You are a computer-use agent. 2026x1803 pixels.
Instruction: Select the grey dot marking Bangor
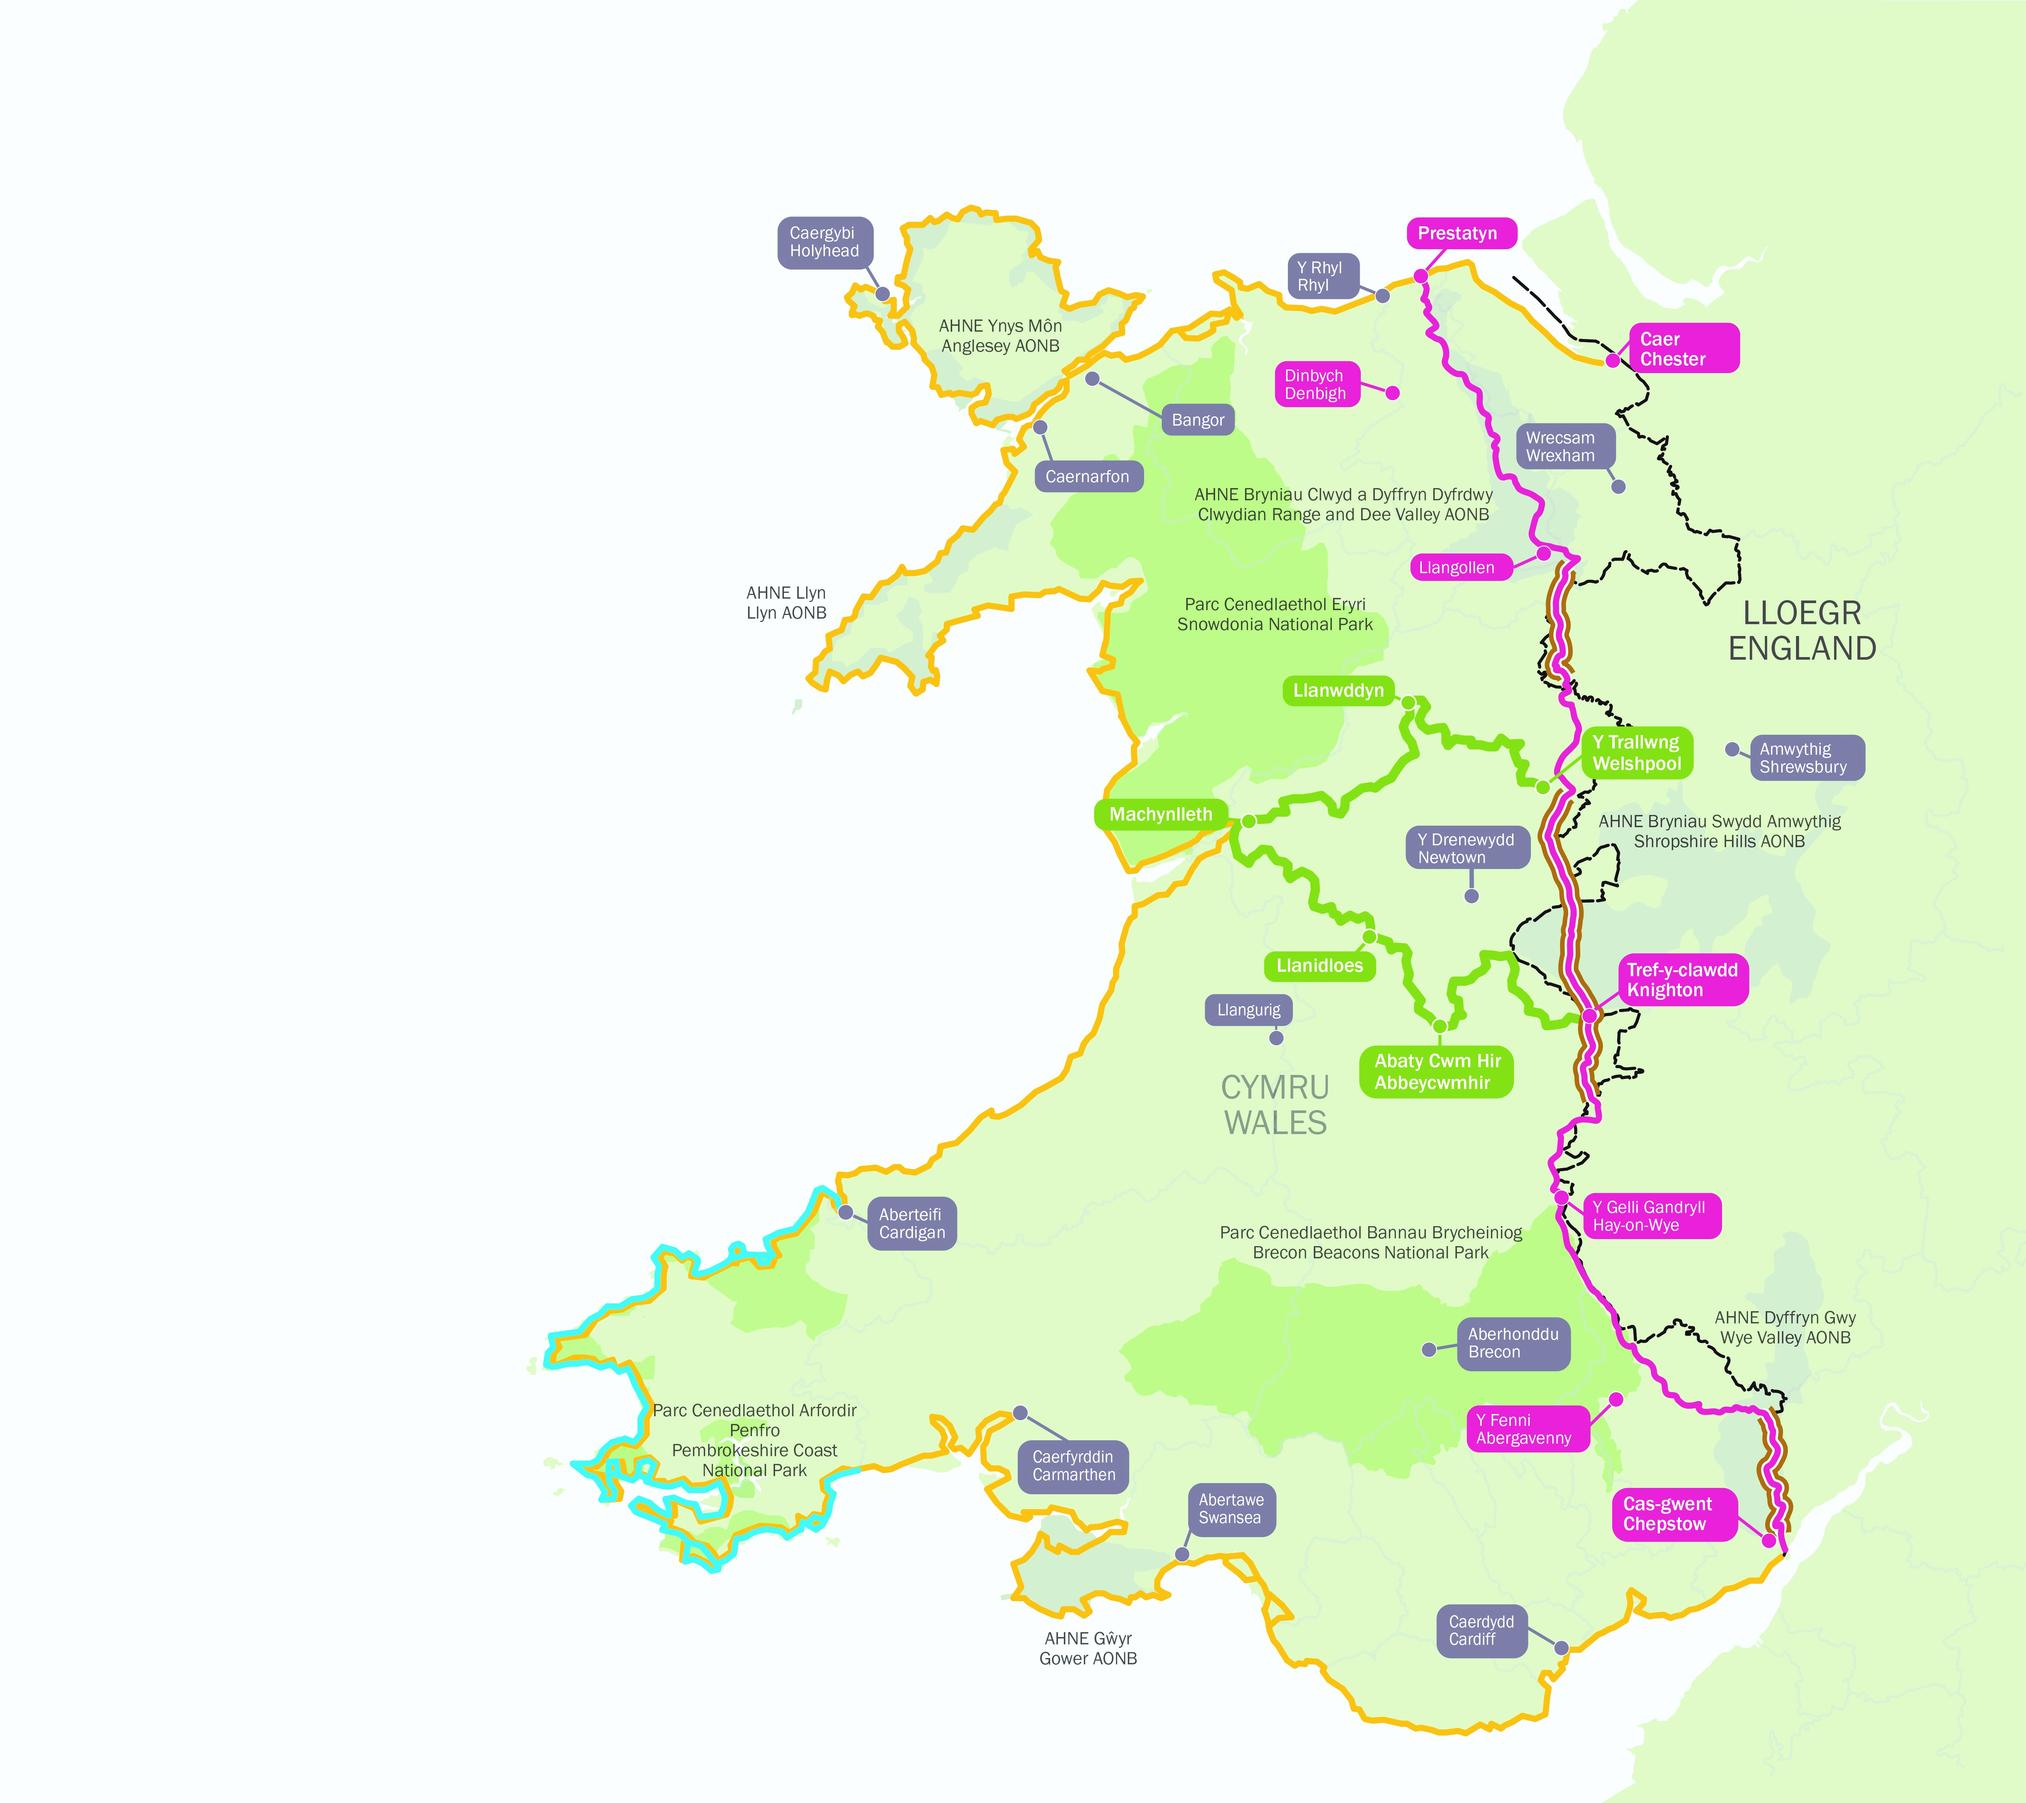tap(1092, 379)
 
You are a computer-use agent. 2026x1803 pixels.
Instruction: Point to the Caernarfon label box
tap(1088, 477)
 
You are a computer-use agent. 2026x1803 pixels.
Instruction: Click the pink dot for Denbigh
tap(1393, 393)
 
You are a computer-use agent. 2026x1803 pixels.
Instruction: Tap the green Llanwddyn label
tap(1338, 691)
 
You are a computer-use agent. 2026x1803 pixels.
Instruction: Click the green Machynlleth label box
tap(1161, 815)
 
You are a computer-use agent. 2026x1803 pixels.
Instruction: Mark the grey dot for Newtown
tap(1472, 896)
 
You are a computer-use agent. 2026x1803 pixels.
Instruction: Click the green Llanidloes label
tap(1319, 965)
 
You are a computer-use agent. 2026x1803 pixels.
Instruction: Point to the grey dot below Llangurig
tap(1277, 1038)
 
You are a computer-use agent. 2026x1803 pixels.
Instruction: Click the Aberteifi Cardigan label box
tap(912, 1224)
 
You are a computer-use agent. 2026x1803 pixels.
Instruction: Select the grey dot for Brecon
tap(1428, 1350)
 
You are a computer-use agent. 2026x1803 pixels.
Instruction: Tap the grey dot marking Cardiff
tap(1561, 1648)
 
